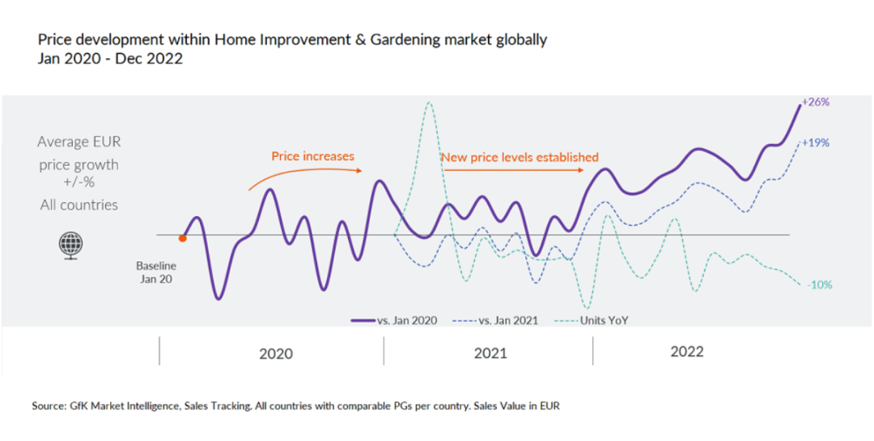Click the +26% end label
817,103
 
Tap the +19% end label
817,142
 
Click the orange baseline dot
183,238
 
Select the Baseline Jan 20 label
155,272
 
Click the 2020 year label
276,354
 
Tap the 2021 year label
490,354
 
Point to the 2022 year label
687,352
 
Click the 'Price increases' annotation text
312,156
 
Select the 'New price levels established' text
520,157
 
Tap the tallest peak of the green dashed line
428,103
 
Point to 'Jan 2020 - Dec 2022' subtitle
110,59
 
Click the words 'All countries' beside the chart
78,205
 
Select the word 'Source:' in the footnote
47,406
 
